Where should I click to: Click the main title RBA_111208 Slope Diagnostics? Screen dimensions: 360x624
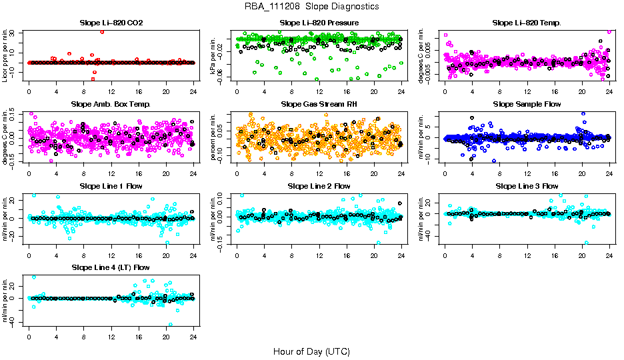[x=312, y=6]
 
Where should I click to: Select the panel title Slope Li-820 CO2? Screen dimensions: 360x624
[x=111, y=23]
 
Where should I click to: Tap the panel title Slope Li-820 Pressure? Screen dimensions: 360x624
[x=319, y=23]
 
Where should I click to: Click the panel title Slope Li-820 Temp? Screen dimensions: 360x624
[x=527, y=23]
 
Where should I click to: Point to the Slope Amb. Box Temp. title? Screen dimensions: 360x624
[x=111, y=104]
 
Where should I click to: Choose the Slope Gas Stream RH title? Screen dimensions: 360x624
[x=319, y=104]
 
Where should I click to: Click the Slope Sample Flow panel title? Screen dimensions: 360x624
[x=527, y=104]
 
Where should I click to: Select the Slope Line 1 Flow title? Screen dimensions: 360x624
[x=111, y=185]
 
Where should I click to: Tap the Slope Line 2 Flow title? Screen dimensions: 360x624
[x=319, y=185]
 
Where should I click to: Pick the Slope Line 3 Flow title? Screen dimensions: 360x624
[x=527, y=185]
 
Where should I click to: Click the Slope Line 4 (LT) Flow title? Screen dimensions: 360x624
[x=111, y=267]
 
